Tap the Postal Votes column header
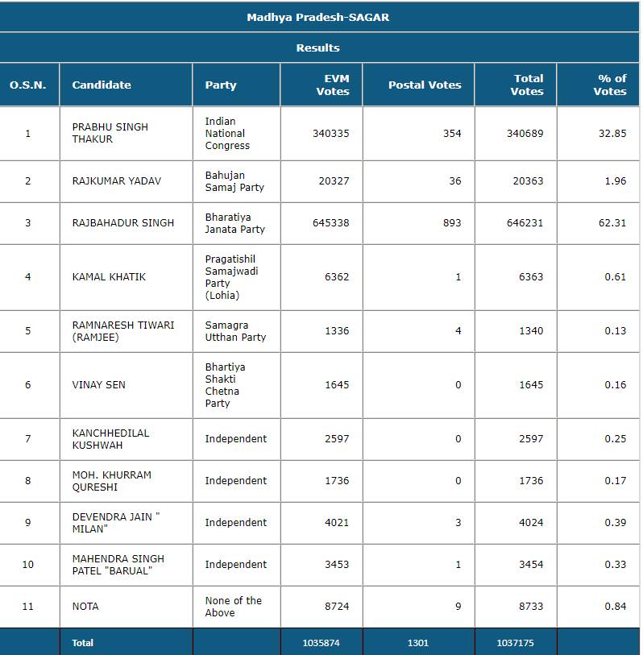pyautogui.click(x=425, y=85)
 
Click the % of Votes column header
pyautogui.click(x=610, y=85)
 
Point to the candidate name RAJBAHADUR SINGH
pyautogui.click(x=122, y=223)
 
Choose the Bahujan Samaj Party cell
pyautogui.click(x=234, y=181)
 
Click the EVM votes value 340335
pyautogui.click(x=331, y=133)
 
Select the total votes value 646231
pyautogui.click(x=525, y=223)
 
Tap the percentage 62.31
pyautogui.click(x=612, y=223)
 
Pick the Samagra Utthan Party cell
pyautogui.click(x=235, y=331)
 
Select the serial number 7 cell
pyautogui.click(x=28, y=439)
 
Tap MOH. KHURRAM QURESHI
pyautogui.click(x=111, y=481)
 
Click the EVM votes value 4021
pyautogui.click(x=337, y=523)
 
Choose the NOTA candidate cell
pyautogui.click(x=85, y=607)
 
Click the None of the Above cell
pyautogui.click(x=233, y=607)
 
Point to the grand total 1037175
pyautogui.click(x=515, y=643)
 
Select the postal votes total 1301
pyautogui.click(x=418, y=643)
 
